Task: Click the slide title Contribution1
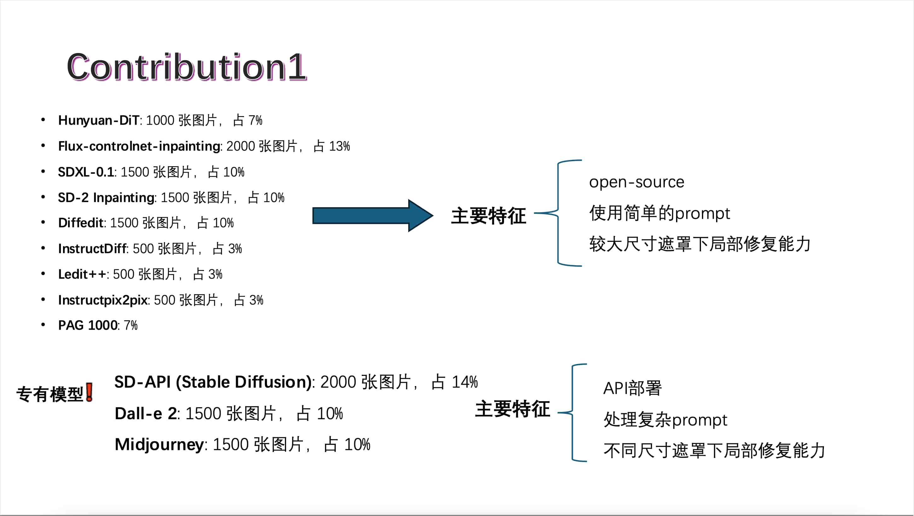[187, 67]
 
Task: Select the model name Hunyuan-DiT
[99, 120]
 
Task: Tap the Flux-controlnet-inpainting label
[139, 146]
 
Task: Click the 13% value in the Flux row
[339, 146]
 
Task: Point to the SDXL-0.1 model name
[86, 172]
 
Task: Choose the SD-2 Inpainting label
[107, 197]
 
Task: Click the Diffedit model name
[81, 223]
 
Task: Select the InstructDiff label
[92, 249]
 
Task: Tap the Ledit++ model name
[82, 274]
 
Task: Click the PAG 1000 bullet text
[88, 325]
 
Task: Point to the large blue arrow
[373, 215]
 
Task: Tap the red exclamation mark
[90, 392]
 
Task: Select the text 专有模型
[50, 394]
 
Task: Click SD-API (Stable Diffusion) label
[213, 382]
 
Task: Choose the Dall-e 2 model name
[146, 413]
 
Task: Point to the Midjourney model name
[159, 445]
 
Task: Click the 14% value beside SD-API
[465, 382]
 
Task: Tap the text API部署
[633, 388]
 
